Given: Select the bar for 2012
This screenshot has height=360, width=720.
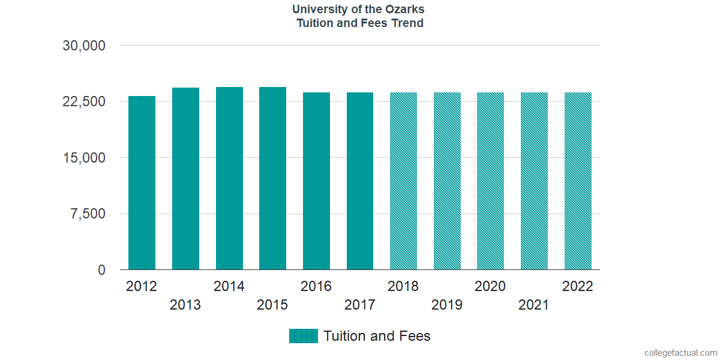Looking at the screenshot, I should tap(142, 183).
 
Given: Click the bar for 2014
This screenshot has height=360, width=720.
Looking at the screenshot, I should tap(229, 178).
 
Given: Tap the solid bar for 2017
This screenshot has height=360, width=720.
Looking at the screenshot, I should tap(360, 181).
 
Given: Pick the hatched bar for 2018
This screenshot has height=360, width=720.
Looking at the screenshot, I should tap(403, 181).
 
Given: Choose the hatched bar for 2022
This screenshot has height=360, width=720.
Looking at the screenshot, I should tap(578, 181).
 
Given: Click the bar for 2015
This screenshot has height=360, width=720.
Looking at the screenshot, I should tap(272, 178).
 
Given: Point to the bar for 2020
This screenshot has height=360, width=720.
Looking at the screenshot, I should tap(490, 181).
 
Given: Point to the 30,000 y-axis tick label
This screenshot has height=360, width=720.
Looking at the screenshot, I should tap(84, 46).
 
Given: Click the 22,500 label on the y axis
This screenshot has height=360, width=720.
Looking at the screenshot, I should tap(84, 101).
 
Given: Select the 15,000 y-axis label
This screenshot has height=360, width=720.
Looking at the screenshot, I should tap(84, 158).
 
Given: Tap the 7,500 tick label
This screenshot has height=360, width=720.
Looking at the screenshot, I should tap(88, 214).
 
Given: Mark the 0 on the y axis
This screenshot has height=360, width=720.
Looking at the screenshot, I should tap(102, 270).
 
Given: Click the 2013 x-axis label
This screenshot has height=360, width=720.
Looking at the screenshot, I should tap(185, 305).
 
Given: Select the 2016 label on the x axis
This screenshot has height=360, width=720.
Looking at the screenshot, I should tap(316, 286).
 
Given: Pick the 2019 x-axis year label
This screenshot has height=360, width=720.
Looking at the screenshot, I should tap(447, 305).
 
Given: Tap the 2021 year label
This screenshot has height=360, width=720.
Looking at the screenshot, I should tap(534, 305).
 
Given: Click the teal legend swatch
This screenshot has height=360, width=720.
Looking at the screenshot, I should tap(303, 336).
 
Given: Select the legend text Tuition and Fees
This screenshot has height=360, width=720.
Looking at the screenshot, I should tap(377, 336).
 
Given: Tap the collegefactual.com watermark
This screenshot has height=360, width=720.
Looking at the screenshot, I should tap(680, 353).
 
